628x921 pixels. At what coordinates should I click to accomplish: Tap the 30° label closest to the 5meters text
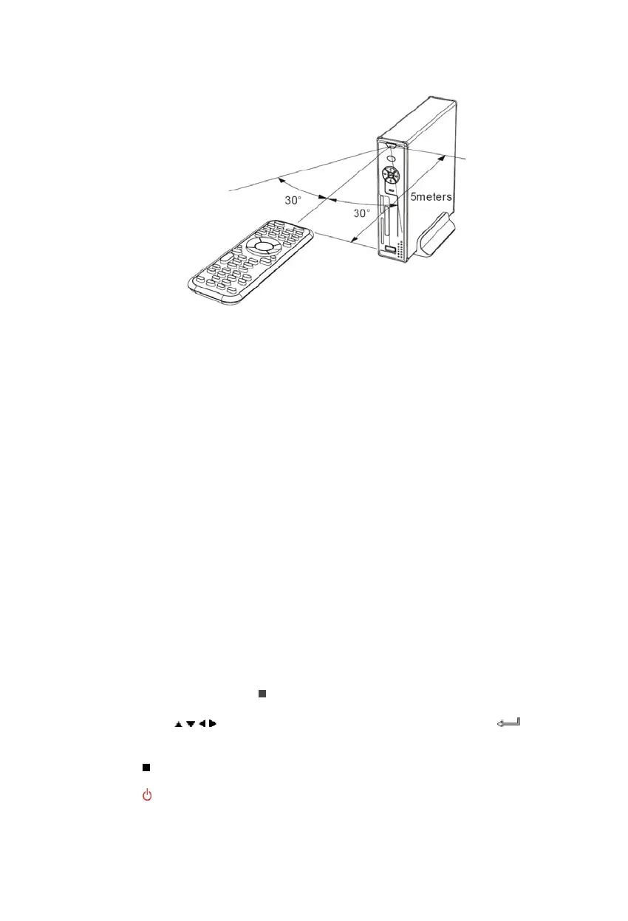[x=362, y=213]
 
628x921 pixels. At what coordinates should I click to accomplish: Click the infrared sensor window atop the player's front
[x=390, y=145]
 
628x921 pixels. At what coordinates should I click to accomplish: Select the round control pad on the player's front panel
[x=391, y=176]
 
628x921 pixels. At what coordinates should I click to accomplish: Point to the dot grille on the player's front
[x=400, y=248]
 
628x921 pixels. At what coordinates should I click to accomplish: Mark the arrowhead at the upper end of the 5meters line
[x=441, y=157]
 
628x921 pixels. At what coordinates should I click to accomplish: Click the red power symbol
[x=147, y=796]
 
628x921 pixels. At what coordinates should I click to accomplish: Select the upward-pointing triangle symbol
[x=178, y=724]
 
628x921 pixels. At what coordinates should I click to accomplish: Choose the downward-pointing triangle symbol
[x=189, y=724]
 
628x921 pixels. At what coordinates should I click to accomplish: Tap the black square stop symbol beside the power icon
[x=146, y=767]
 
